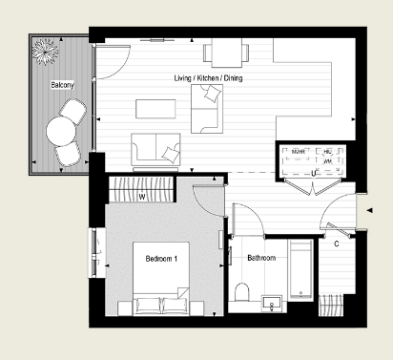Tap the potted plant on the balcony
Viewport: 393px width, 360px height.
(46, 53)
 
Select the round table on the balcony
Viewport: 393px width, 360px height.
(63, 127)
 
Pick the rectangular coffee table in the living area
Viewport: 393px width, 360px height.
(154, 106)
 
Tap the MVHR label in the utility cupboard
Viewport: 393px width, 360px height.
(299, 152)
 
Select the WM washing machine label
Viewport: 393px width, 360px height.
(327, 162)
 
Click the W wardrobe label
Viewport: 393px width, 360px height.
(142, 198)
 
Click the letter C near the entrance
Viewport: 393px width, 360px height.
(337, 243)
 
